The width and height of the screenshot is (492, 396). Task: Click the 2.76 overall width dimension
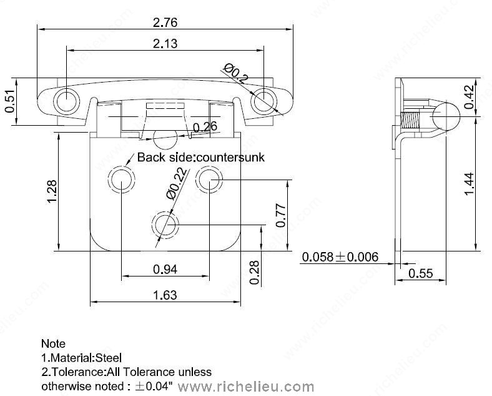[x=165, y=23]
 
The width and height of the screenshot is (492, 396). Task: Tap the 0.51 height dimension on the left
[x=9, y=101]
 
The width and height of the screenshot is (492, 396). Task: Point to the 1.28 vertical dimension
[x=52, y=191]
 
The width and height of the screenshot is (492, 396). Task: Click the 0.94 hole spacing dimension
[x=165, y=269]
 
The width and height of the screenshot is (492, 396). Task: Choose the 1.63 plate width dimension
[x=165, y=295]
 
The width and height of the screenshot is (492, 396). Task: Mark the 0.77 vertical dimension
[x=281, y=215]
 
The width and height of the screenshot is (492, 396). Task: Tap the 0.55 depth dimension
[x=420, y=273]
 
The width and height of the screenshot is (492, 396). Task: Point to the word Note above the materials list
[x=53, y=343]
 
